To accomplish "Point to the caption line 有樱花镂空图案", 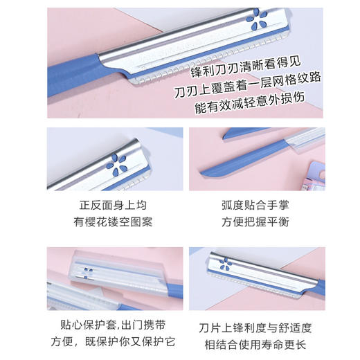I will (x=116, y=221).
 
